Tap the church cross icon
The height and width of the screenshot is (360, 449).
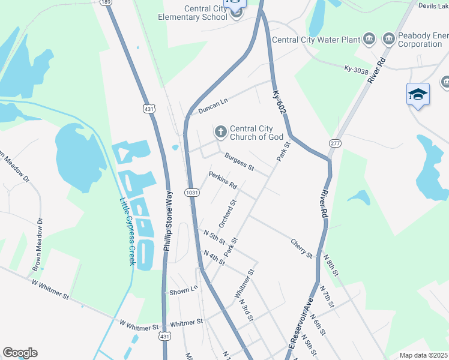(220, 131)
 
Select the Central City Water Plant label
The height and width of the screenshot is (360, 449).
(315, 40)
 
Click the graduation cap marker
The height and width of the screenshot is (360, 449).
(418, 95)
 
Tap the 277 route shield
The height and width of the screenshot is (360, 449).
(334, 143)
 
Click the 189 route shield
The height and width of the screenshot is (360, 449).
(106, 2)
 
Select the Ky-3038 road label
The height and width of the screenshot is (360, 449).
(355, 70)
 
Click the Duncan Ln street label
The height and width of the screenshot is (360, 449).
(214, 105)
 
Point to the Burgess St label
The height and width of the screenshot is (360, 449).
(239, 161)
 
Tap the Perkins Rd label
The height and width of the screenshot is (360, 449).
(223, 179)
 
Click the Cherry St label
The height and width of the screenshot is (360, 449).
(301, 249)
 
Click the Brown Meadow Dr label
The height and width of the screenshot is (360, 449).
(38, 242)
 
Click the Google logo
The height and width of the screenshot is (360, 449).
(20, 353)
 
